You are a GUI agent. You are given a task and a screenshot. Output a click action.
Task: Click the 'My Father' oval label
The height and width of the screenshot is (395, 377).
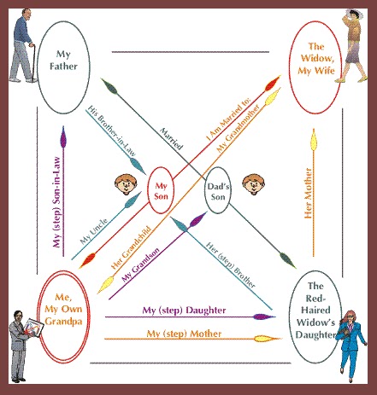point(63,60)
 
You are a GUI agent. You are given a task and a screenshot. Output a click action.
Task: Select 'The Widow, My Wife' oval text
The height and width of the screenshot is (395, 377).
point(316,58)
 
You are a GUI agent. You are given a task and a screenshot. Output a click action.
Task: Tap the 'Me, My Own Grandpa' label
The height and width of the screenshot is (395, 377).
point(63,310)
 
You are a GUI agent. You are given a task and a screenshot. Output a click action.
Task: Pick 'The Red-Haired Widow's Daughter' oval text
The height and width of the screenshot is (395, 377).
point(315,310)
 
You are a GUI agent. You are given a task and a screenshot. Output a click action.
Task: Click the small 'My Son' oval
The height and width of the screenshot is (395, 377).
point(161,190)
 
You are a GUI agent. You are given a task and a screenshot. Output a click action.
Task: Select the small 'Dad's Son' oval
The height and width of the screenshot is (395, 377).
point(218,190)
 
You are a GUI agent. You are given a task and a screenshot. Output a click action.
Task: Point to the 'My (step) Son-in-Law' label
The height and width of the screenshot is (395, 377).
point(57,202)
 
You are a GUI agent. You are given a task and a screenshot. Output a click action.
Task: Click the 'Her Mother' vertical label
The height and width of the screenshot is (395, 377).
point(308,193)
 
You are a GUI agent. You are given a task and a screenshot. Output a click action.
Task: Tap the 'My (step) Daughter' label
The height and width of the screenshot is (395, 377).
point(184,310)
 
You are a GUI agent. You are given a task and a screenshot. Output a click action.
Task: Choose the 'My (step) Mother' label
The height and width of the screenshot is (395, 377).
point(184,334)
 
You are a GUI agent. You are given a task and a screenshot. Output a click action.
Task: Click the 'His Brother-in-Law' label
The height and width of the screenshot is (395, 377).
point(111,131)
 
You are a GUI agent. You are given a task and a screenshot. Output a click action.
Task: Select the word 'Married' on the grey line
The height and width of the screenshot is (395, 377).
point(171,138)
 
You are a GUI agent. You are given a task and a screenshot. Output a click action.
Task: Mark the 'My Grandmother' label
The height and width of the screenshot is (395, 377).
point(239,128)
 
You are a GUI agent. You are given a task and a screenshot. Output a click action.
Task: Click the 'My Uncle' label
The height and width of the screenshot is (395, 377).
point(94,231)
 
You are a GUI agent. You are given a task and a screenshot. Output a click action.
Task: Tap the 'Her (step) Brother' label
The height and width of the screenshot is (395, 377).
point(231,264)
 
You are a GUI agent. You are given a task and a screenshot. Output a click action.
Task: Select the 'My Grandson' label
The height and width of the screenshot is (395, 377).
point(140,264)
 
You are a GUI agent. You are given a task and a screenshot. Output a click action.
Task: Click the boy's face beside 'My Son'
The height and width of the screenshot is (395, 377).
point(126,184)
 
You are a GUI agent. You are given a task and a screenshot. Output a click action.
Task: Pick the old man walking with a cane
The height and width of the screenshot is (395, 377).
point(23,45)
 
